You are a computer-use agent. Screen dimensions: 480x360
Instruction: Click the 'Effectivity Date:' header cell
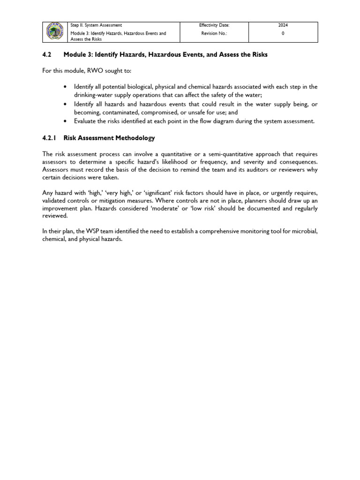pos(214,25)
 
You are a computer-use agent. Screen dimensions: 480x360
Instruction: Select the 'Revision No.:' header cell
pos(214,34)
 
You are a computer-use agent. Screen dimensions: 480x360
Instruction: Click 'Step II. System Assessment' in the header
pos(96,25)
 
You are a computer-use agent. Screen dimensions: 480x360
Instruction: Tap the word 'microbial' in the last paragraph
pos(305,231)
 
